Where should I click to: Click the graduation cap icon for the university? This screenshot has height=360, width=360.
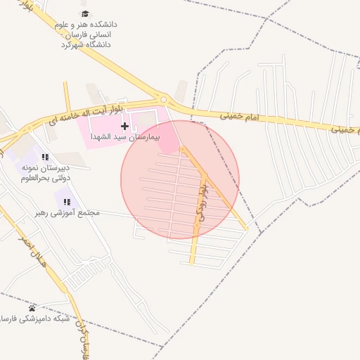(85, 14)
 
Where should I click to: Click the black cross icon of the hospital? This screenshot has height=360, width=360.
(124, 127)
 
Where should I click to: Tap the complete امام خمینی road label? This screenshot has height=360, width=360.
(239, 115)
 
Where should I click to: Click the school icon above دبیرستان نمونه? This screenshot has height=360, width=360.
(45, 157)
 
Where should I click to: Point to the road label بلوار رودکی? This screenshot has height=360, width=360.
(201, 204)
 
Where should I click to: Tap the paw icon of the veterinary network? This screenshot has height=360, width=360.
(32, 308)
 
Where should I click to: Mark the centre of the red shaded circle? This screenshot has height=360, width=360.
(180, 179)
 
